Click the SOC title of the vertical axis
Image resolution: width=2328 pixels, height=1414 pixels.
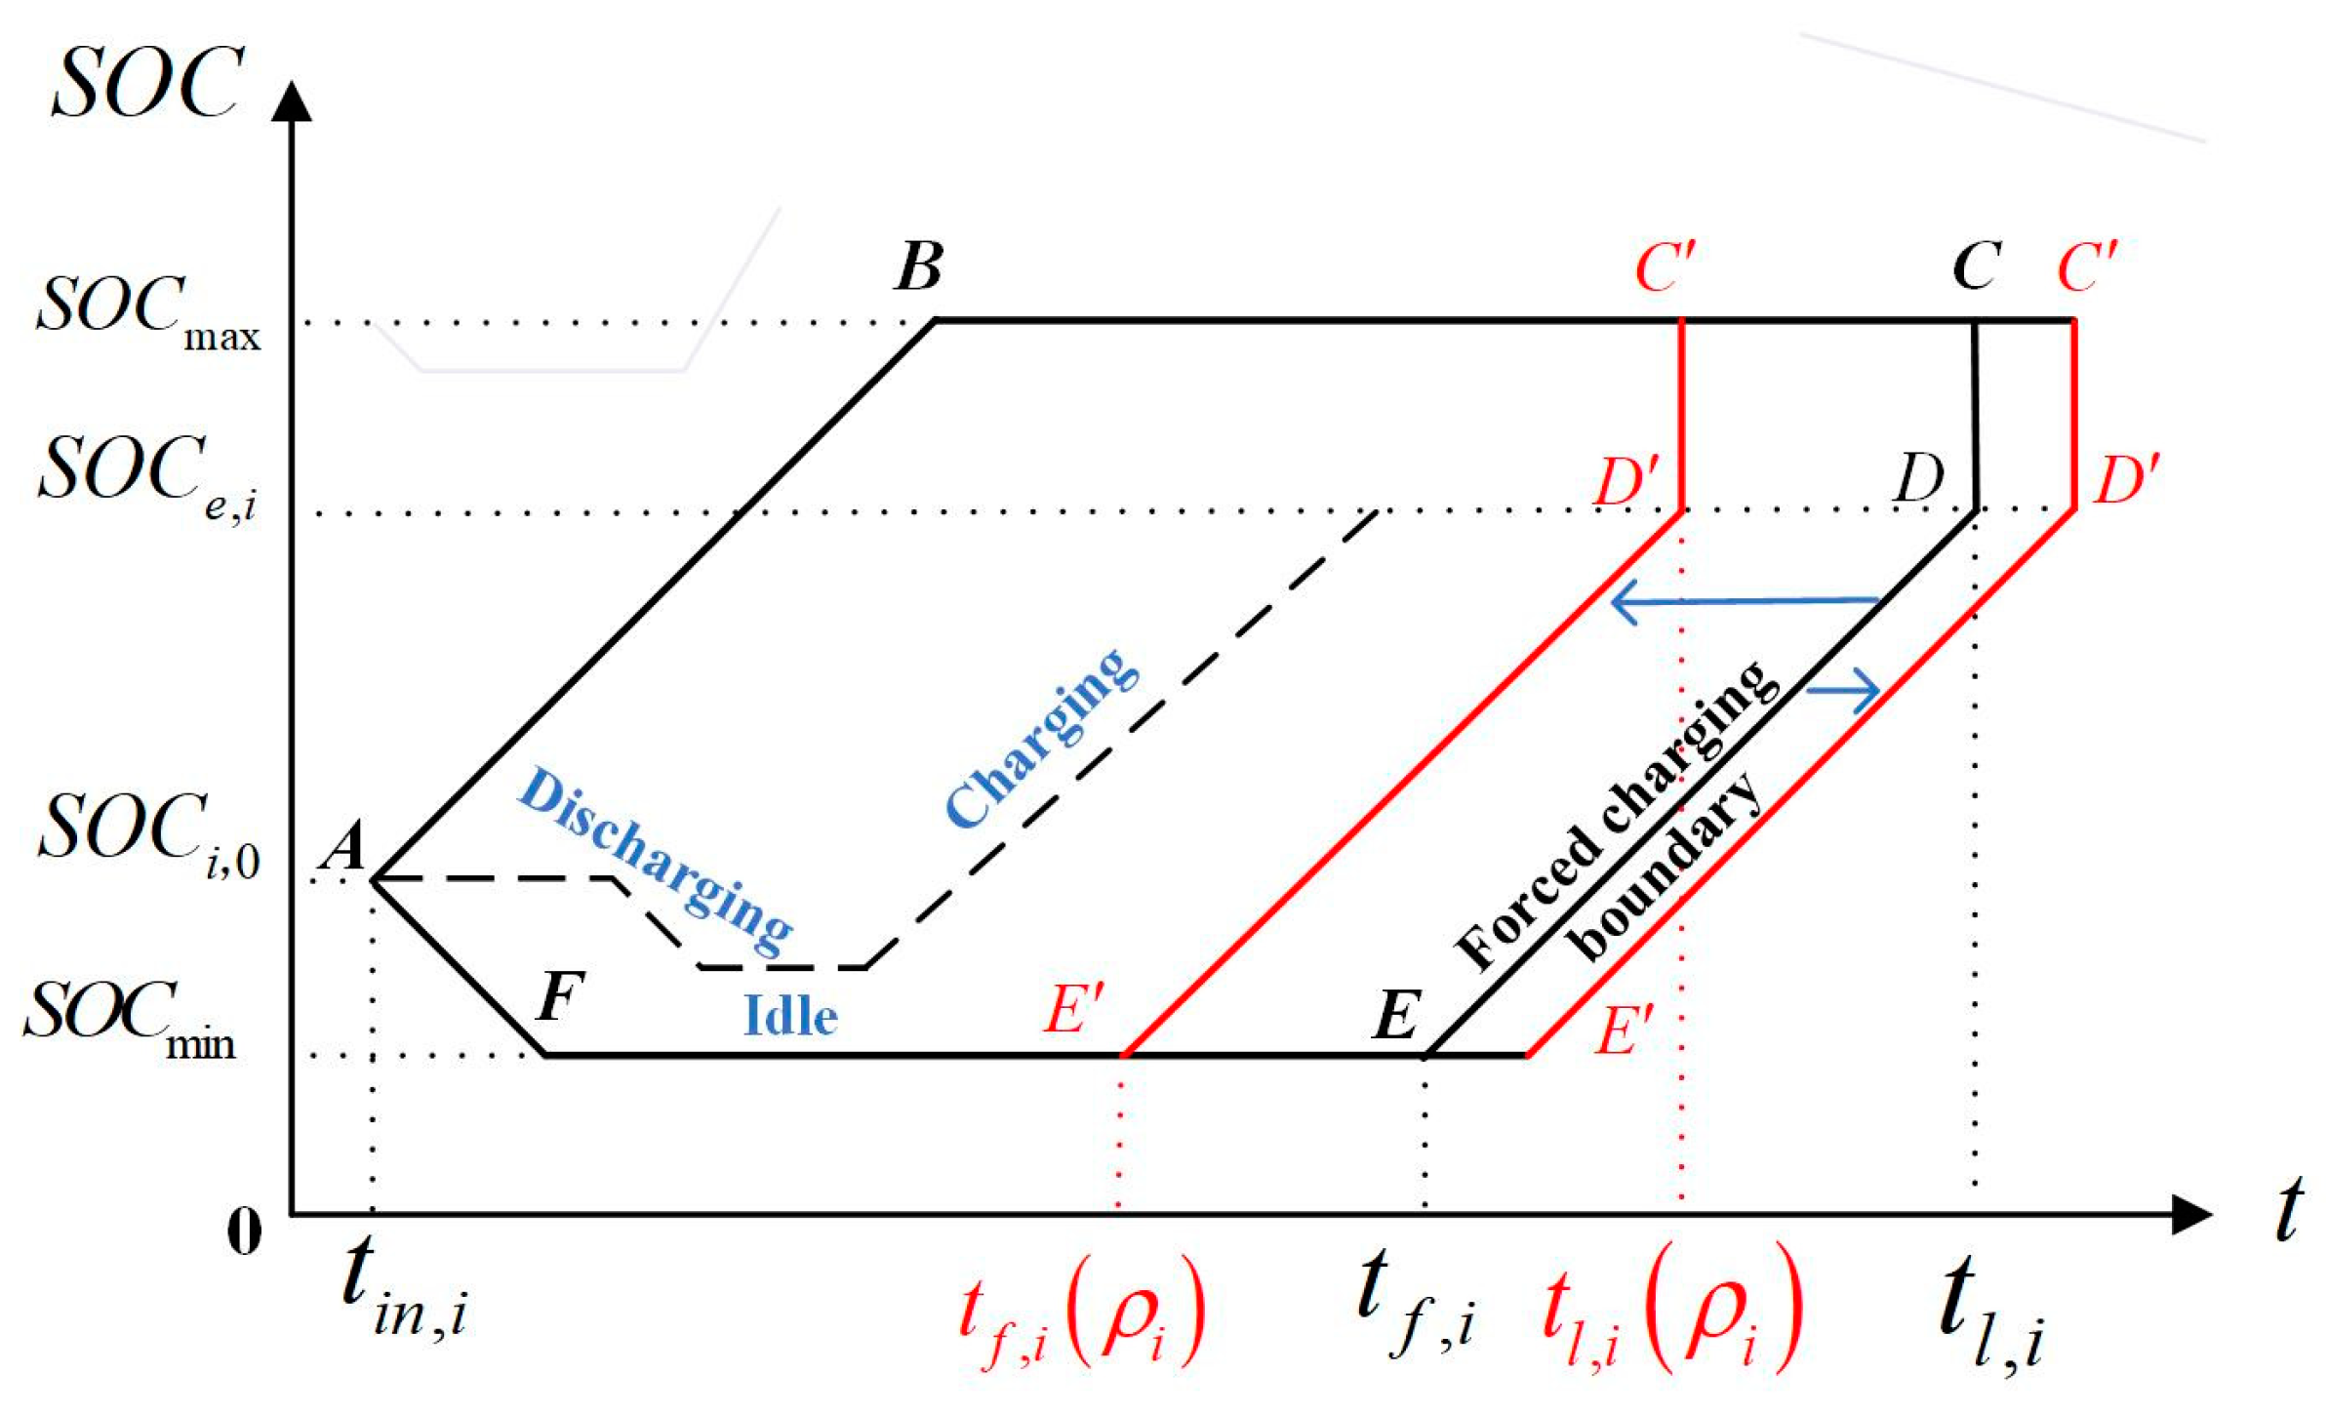tap(147, 84)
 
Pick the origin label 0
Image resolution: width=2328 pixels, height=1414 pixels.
tap(244, 1232)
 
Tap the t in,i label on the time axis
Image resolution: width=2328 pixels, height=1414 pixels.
tap(405, 1288)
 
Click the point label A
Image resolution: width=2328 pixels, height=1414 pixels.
tap(344, 845)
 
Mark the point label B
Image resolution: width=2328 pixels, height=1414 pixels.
tap(919, 265)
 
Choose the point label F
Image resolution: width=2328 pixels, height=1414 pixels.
tap(560, 995)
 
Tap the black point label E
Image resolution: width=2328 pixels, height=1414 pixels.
tap(1396, 1015)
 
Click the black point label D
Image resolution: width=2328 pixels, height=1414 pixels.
tap(1918, 477)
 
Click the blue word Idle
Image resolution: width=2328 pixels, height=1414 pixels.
tap(790, 1017)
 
